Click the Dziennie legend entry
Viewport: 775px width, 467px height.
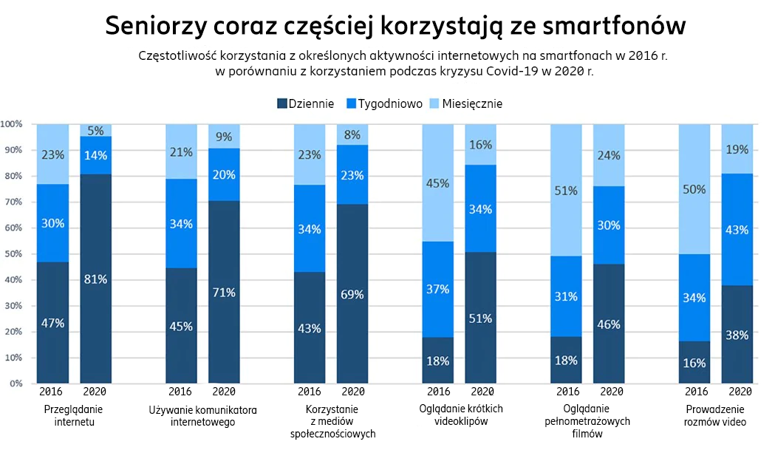305,103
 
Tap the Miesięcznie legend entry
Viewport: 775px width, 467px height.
466,103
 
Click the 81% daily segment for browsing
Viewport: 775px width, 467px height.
96,279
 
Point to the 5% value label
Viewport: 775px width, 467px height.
96,131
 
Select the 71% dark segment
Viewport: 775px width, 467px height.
224,292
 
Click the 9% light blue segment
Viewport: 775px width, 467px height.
224,137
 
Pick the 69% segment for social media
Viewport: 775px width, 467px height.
352,294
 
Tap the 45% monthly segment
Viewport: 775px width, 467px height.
438,183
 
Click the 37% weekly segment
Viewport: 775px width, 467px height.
438,290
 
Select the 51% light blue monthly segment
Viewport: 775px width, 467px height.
567,191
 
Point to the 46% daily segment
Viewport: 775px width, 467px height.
609,324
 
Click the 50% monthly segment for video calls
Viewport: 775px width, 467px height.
694,189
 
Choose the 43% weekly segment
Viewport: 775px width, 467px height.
737,230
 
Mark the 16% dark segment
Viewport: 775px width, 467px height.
694,363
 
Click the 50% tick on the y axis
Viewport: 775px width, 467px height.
14,254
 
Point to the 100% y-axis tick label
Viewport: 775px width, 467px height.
12,124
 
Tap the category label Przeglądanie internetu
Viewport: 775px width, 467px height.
74,415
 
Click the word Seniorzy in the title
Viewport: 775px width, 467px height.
154,26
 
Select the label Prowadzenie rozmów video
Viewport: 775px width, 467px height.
715,415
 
